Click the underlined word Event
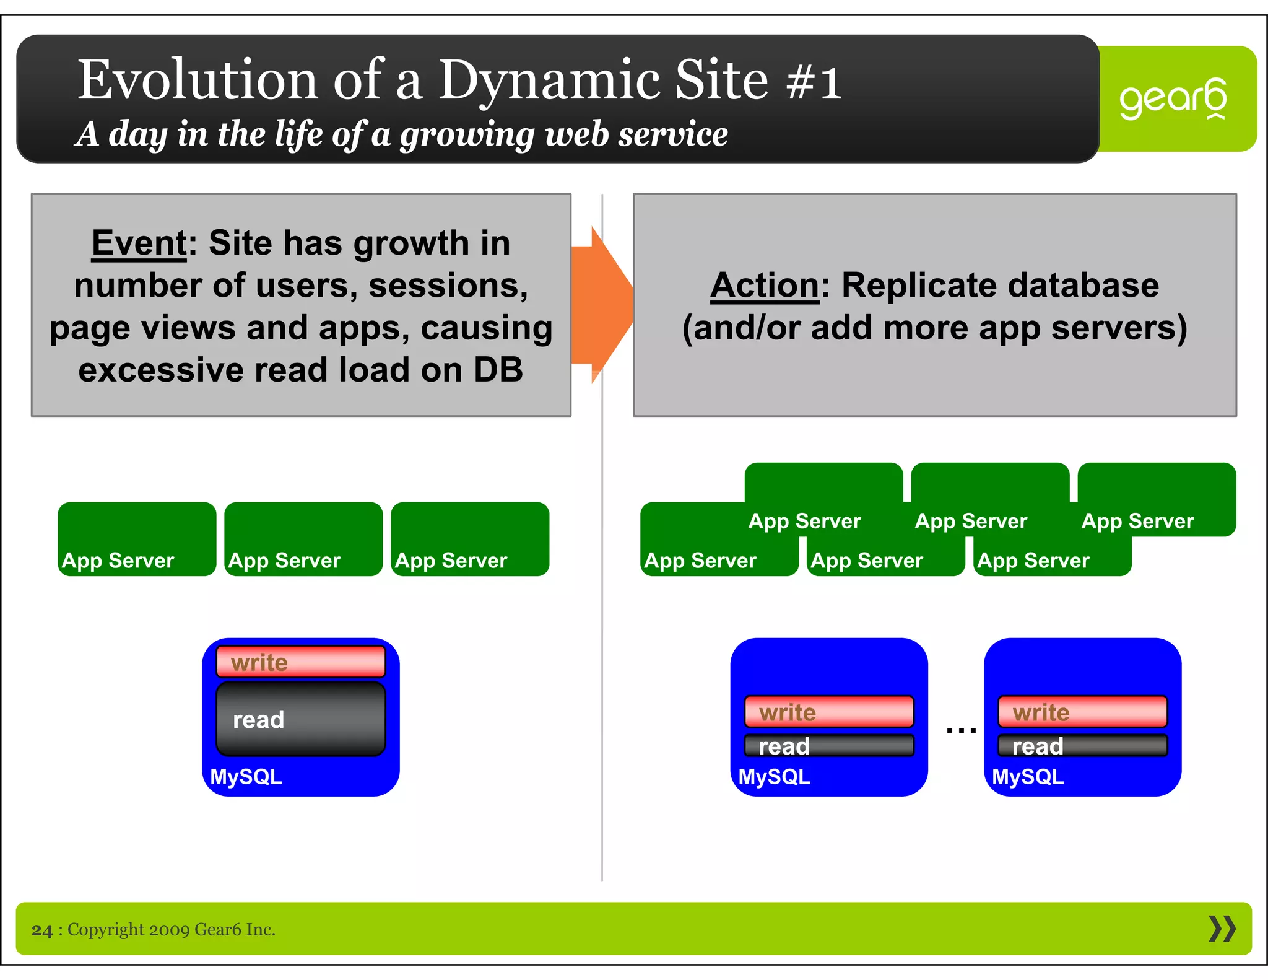(x=139, y=243)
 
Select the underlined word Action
(x=765, y=286)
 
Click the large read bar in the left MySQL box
(x=300, y=720)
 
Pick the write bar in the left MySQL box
(x=300, y=662)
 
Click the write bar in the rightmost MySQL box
(x=1082, y=712)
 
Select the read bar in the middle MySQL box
(x=828, y=746)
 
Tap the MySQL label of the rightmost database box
(x=1028, y=777)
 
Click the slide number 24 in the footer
(x=42, y=930)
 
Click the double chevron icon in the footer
(x=1222, y=929)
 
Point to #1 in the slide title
(x=814, y=82)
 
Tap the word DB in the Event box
(x=498, y=370)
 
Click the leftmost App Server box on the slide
(x=136, y=538)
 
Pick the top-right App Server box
(x=1157, y=499)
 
